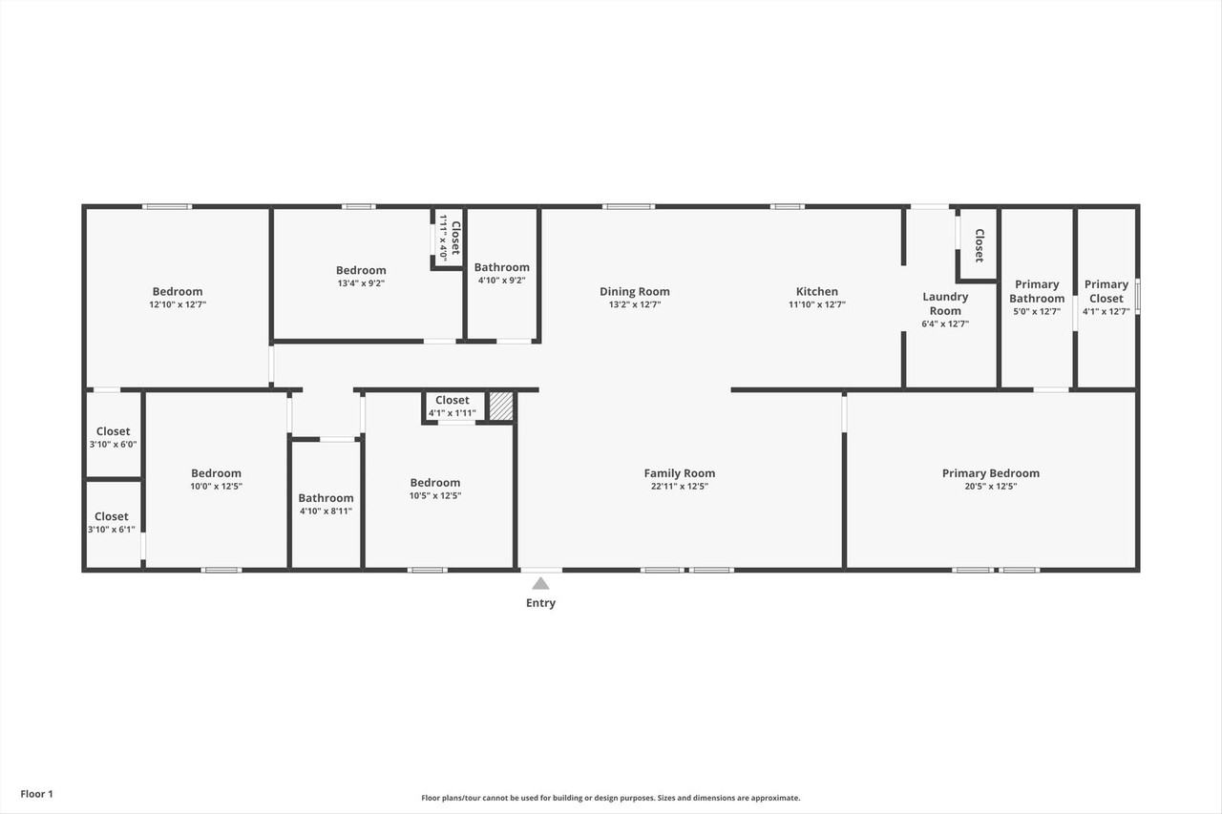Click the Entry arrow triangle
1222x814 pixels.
pos(540,583)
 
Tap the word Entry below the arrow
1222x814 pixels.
pos(540,603)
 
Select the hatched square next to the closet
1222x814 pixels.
pos(501,407)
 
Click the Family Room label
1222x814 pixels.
pos(679,473)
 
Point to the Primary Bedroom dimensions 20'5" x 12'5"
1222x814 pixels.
pos(990,487)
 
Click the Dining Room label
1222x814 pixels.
pos(634,292)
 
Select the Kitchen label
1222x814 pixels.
pos(817,292)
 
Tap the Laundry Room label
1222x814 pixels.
pos(945,303)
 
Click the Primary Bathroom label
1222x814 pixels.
pos(1037,291)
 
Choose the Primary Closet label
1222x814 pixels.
pos(1106,291)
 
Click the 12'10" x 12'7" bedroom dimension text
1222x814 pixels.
pos(178,304)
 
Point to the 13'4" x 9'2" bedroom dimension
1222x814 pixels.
pos(361,283)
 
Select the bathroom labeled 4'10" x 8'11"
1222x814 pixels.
pos(326,504)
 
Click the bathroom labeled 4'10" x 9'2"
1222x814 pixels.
pos(501,274)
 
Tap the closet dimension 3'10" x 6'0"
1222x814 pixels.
pos(113,445)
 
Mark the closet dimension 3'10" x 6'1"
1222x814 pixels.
pos(112,530)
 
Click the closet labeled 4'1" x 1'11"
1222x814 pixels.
pos(452,407)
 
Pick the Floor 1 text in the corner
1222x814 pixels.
pos(37,794)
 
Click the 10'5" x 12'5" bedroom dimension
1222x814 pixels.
pos(435,496)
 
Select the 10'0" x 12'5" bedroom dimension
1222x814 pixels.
pos(216,487)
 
